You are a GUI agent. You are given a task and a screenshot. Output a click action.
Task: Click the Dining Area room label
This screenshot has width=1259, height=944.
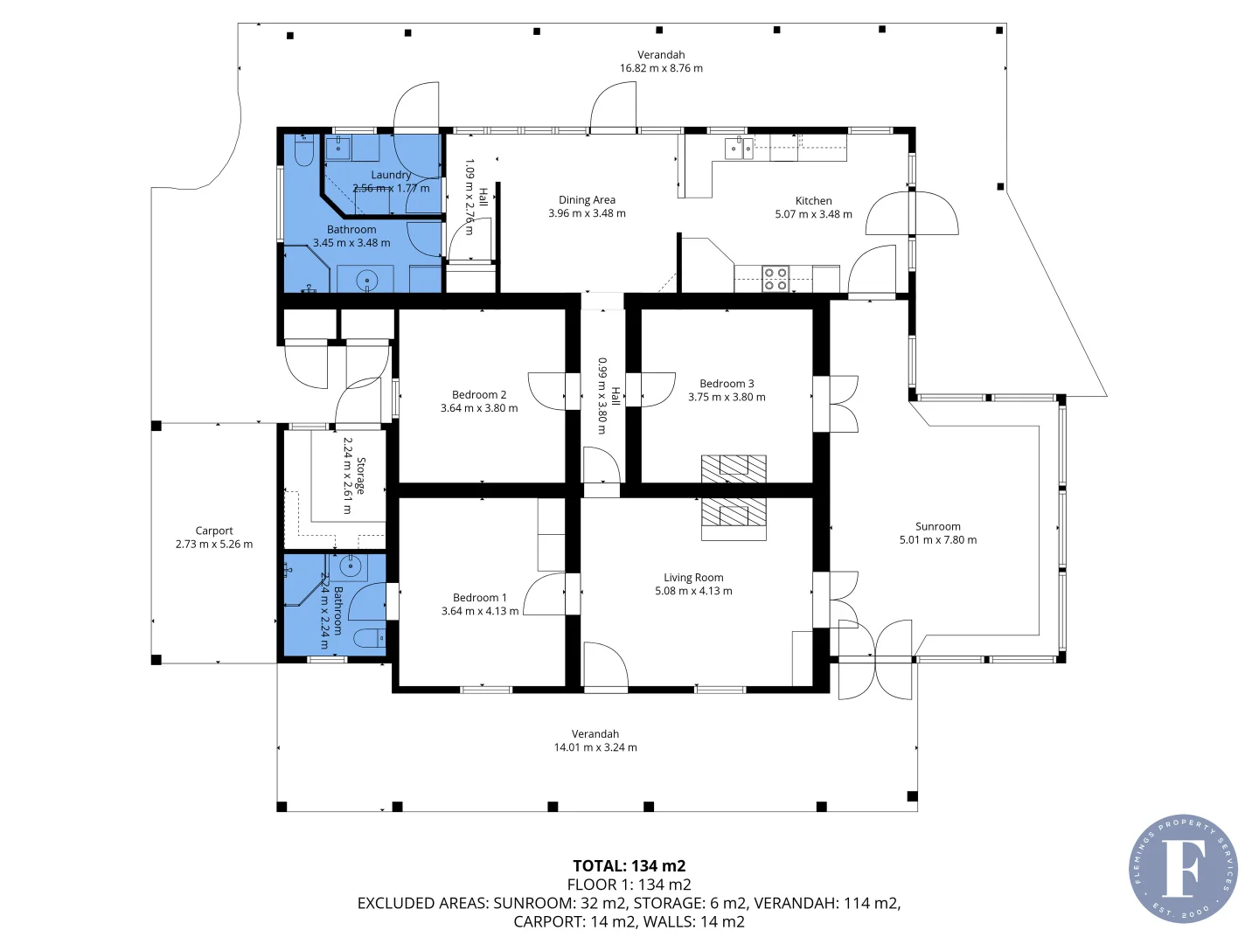(587, 200)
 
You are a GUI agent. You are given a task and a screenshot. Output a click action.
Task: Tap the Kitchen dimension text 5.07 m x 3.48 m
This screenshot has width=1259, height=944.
(813, 214)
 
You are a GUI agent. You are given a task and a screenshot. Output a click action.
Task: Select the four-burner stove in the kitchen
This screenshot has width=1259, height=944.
(776, 279)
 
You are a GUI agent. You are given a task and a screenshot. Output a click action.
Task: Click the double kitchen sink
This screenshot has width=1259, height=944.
(739, 149)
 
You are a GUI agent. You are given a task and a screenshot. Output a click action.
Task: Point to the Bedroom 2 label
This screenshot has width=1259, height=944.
(479, 395)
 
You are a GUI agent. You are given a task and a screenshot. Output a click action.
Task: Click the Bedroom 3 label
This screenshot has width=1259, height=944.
(727, 384)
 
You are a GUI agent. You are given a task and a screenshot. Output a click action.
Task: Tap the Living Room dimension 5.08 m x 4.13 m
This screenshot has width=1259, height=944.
(693, 591)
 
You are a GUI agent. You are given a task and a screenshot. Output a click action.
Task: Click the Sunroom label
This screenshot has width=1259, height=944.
(937, 526)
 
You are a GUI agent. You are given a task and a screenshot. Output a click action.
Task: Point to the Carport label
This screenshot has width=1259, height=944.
(214, 531)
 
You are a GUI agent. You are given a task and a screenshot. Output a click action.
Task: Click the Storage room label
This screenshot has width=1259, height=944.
(360, 475)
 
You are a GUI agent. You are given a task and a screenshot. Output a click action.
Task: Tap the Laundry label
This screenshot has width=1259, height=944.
(391, 175)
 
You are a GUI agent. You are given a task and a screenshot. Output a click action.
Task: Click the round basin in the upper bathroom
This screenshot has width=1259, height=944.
(368, 281)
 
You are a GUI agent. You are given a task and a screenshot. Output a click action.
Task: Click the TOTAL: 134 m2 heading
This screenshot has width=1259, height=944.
(629, 866)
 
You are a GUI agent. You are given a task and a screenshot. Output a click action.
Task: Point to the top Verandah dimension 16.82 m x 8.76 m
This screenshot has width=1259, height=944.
(661, 68)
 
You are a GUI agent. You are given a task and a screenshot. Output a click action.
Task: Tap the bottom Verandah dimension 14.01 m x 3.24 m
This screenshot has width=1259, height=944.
(595, 747)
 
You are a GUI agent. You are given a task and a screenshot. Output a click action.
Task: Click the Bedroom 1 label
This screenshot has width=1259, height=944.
(479, 598)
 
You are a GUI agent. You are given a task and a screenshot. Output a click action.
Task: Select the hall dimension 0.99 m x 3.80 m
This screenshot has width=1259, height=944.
(602, 395)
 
